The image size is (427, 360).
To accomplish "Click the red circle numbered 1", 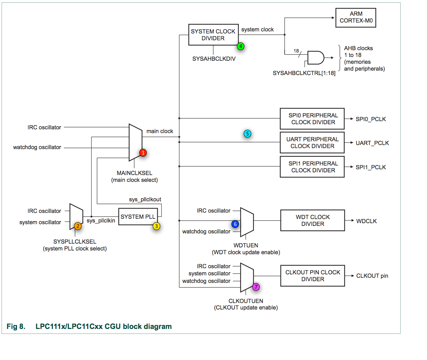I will pos(143,153).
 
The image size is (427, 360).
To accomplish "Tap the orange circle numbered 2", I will pos(78,226).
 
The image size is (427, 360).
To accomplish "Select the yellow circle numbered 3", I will pos(156,226).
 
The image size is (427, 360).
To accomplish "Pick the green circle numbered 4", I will pos(241,46).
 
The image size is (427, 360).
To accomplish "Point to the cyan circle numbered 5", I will pos(247,133).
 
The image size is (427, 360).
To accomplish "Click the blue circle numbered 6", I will pos(235,224).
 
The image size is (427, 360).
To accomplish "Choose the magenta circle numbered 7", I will pos(256,287).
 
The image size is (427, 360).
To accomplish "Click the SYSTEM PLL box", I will pos(138,217).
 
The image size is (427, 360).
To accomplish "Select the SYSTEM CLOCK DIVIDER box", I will pos(213,35).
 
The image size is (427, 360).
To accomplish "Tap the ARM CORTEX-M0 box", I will pos(356,17).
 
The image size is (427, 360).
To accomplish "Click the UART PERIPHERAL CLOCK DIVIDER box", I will pos(312,143).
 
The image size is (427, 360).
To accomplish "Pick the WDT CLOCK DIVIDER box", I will pos(312,220).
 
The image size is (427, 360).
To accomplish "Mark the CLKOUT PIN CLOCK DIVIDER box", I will pos(312,276).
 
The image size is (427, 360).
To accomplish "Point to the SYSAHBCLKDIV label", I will pos(214,59).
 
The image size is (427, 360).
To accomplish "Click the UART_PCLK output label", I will pos(372,143).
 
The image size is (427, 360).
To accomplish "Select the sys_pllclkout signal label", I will pos(145,200).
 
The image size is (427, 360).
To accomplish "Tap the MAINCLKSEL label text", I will pos(134,173).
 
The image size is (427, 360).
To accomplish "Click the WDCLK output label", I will pos(366,221).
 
